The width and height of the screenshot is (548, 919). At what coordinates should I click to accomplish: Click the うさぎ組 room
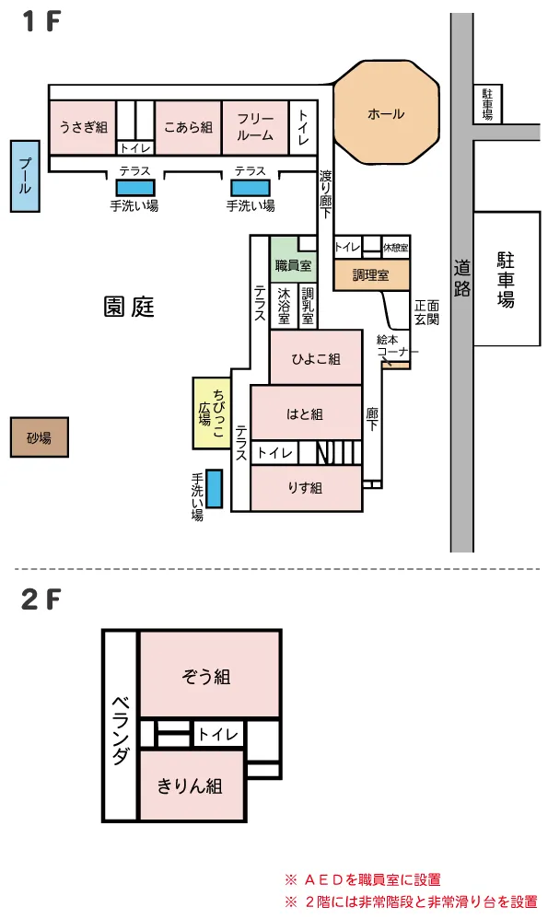click(83, 128)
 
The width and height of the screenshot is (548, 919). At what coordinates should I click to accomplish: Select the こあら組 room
click(188, 128)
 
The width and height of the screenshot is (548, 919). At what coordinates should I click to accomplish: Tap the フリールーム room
click(255, 128)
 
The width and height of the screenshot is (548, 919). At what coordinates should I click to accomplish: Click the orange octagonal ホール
click(386, 113)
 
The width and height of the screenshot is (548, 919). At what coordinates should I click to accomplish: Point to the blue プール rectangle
click(25, 176)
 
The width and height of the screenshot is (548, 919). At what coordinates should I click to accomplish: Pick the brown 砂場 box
click(40, 437)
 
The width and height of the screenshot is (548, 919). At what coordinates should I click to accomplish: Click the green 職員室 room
click(293, 261)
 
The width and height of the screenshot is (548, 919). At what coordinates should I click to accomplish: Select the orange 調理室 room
click(371, 275)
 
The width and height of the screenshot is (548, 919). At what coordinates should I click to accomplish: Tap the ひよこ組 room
click(316, 357)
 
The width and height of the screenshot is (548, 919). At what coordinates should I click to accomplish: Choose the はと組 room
click(306, 413)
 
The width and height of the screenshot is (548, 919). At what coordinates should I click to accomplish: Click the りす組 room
click(306, 488)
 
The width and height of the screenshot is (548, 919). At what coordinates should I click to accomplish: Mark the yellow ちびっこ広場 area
click(212, 413)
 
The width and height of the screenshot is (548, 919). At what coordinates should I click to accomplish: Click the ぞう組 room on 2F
click(209, 674)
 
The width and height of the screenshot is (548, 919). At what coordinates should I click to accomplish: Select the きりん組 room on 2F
click(192, 785)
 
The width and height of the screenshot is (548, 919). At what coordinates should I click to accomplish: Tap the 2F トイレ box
click(218, 734)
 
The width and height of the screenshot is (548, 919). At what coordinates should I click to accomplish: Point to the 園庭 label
click(129, 307)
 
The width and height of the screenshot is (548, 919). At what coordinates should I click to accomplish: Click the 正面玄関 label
click(426, 312)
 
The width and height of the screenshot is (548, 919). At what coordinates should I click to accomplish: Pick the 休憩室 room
click(395, 248)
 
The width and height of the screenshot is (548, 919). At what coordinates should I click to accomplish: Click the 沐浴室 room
click(284, 306)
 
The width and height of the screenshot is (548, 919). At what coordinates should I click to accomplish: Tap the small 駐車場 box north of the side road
click(487, 104)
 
